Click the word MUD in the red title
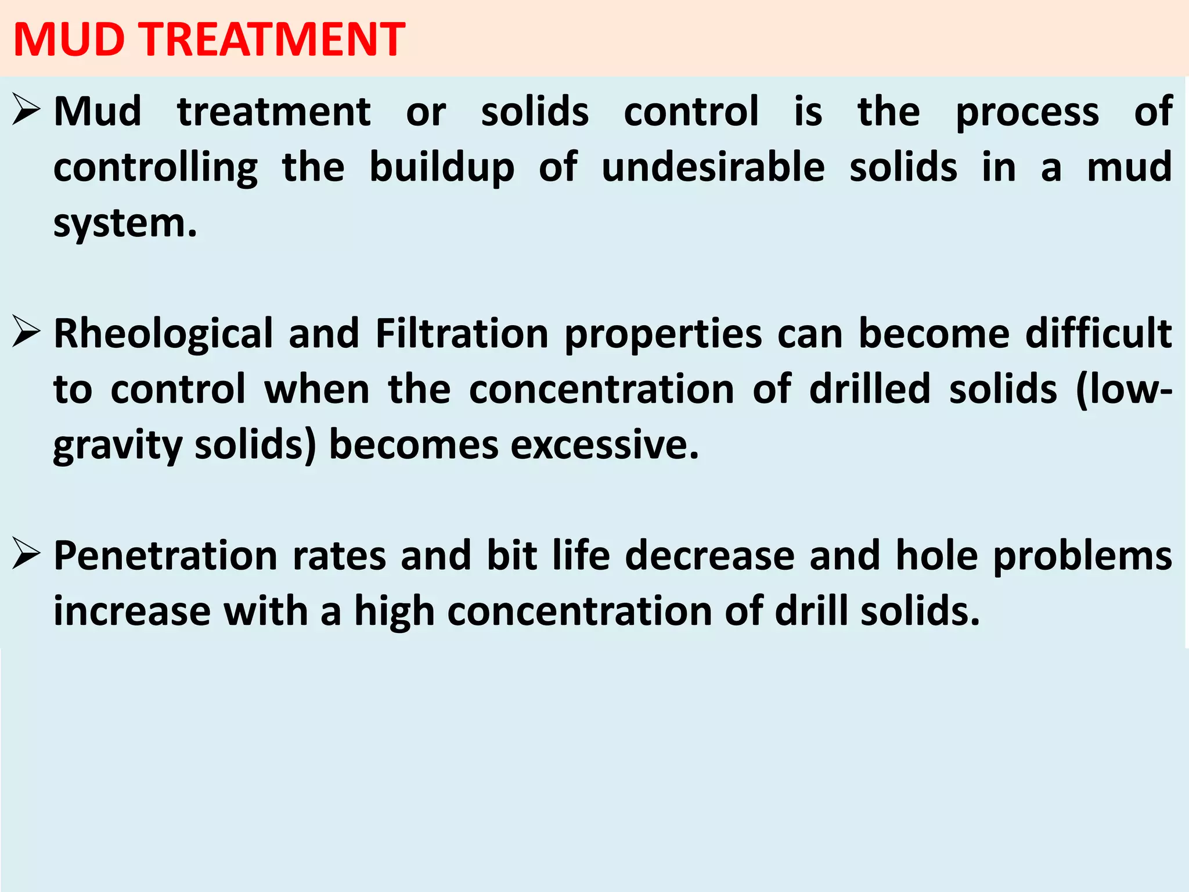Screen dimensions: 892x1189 (69, 39)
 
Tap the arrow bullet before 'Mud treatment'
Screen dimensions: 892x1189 (26, 110)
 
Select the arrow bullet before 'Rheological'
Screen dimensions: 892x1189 (26, 333)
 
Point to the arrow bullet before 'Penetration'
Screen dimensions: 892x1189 (26, 556)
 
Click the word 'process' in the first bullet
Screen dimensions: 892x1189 (1027, 112)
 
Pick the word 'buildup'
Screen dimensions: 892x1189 (442, 168)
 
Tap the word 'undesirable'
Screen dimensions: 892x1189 (713, 167)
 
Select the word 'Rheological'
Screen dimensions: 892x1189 (163, 334)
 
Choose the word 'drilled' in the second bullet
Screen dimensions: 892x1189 (870, 389)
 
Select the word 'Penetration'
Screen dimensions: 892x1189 (166, 556)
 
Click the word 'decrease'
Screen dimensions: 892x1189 (709, 556)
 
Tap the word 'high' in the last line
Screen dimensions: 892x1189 (394, 612)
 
